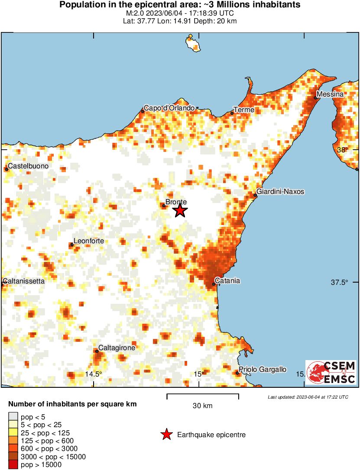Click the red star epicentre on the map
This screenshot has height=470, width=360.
pos(180,211)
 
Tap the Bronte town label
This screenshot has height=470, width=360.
pos(176,202)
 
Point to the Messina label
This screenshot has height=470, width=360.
pos(330,94)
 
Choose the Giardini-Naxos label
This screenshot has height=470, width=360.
pos(280,191)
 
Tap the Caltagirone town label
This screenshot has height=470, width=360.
pos(117,348)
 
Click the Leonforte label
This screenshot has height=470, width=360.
pos(89,241)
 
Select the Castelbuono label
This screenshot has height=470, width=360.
pos(28,166)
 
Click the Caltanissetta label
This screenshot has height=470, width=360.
pos(24,281)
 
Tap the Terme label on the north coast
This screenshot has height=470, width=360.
pos(244,110)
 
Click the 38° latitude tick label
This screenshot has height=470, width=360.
pos(343,150)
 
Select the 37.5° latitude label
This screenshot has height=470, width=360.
pos(340,283)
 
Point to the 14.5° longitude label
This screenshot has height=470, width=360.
pos(94,374)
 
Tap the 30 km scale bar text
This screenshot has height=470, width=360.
pos(203,406)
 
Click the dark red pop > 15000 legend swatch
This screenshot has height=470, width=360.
pos(13,464)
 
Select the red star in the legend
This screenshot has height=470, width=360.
pos(166,435)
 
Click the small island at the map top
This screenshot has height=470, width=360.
pos(191,44)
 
